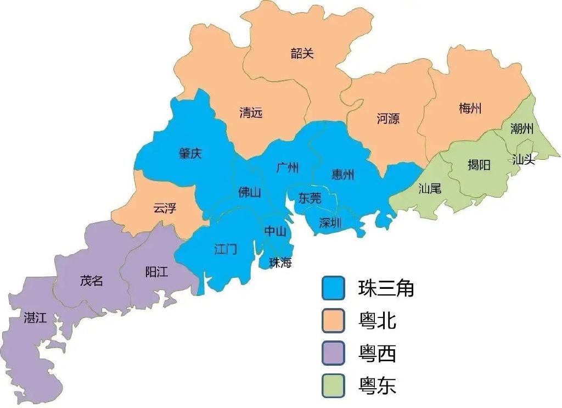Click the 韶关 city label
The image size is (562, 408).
point(302,53)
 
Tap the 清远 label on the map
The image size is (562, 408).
point(251,113)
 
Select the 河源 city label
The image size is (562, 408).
point(388,118)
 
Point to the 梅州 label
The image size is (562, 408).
point(470,108)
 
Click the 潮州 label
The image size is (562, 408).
point(521,129)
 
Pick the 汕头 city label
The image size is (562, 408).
point(523,159)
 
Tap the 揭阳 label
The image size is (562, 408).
point(479,164)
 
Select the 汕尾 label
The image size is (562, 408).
point(430,188)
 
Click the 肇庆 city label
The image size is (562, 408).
point(190,153)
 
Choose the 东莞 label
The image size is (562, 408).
point(310,198)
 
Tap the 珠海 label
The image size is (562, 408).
point(280,262)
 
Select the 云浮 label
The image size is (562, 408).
point(165,208)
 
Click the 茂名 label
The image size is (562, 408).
point(91,281)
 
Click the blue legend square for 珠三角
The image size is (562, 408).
point(333,288)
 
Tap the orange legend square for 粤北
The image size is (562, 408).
point(333,321)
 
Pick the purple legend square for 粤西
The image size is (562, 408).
point(333,353)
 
